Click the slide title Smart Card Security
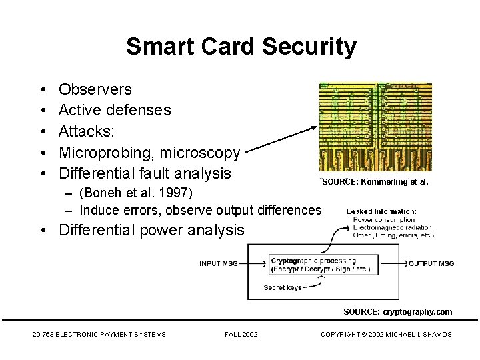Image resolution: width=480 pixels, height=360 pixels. (241, 47)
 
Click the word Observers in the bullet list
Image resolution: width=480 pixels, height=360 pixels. (95, 89)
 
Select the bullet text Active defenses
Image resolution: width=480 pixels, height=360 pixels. (115, 109)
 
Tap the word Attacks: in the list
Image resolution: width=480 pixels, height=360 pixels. (89, 131)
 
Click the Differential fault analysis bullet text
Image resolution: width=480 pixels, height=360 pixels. (145, 173)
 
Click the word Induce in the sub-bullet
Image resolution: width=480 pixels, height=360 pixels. (99, 210)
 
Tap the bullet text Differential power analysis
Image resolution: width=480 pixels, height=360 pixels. (151, 231)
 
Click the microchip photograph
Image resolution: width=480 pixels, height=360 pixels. (375, 127)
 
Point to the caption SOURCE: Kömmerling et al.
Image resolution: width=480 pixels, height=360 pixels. (375, 181)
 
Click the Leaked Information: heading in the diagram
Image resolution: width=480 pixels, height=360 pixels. (381, 211)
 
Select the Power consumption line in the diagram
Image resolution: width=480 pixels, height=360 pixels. (384, 220)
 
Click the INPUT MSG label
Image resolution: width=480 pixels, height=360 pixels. (219, 264)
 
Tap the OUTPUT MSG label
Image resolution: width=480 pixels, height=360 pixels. (431, 264)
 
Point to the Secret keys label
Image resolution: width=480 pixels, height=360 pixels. (283, 288)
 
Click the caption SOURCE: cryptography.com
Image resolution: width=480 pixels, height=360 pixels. (397, 311)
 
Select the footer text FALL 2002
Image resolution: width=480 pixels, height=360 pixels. (241, 334)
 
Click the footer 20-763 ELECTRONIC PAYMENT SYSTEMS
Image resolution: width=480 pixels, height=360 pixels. (99, 334)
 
